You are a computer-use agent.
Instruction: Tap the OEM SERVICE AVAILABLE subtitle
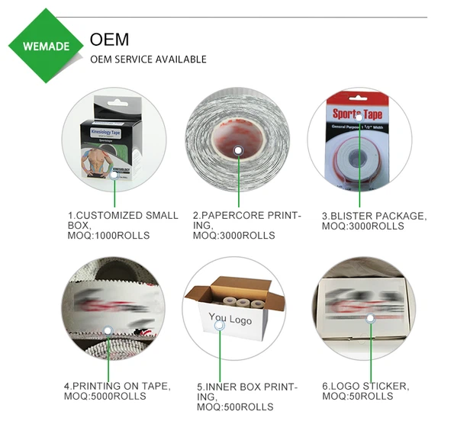click(x=148, y=59)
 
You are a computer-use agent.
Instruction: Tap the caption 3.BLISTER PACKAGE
click(x=373, y=216)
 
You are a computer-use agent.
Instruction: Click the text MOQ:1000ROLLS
click(x=108, y=236)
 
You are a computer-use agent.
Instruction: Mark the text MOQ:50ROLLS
click(x=357, y=396)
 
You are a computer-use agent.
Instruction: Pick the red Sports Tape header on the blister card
click(x=357, y=114)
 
